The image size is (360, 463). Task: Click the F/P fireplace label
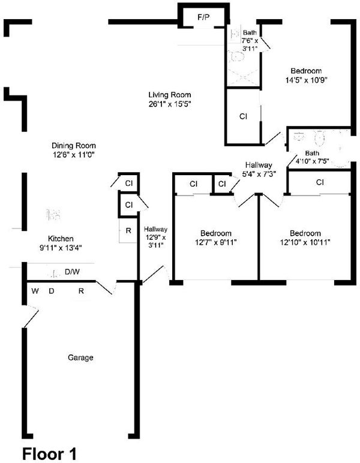(203, 17)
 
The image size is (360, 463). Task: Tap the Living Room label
(170, 95)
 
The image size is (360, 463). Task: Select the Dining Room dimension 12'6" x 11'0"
(74, 155)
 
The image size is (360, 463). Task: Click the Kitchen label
(61, 239)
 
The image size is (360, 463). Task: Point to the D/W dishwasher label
(72, 272)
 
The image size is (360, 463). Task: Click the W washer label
(35, 291)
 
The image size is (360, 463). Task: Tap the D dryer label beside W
(52, 291)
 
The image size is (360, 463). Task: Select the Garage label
(80, 357)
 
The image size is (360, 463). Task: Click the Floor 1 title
(49, 453)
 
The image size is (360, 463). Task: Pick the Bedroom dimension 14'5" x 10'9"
(306, 80)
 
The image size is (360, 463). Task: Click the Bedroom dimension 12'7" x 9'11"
(215, 242)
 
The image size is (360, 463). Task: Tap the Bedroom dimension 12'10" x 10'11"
(305, 242)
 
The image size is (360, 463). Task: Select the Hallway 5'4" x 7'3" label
(259, 170)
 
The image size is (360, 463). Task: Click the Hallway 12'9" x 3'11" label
(155, 237)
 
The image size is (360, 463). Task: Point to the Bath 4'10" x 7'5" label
(312, 157)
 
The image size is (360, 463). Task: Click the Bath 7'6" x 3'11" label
(250, 40)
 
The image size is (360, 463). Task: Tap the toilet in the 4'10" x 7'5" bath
(319, 139)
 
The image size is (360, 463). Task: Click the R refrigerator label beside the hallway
(128, 231)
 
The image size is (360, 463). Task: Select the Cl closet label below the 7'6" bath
(243, 116)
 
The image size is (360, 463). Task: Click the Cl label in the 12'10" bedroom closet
(320, 182)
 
